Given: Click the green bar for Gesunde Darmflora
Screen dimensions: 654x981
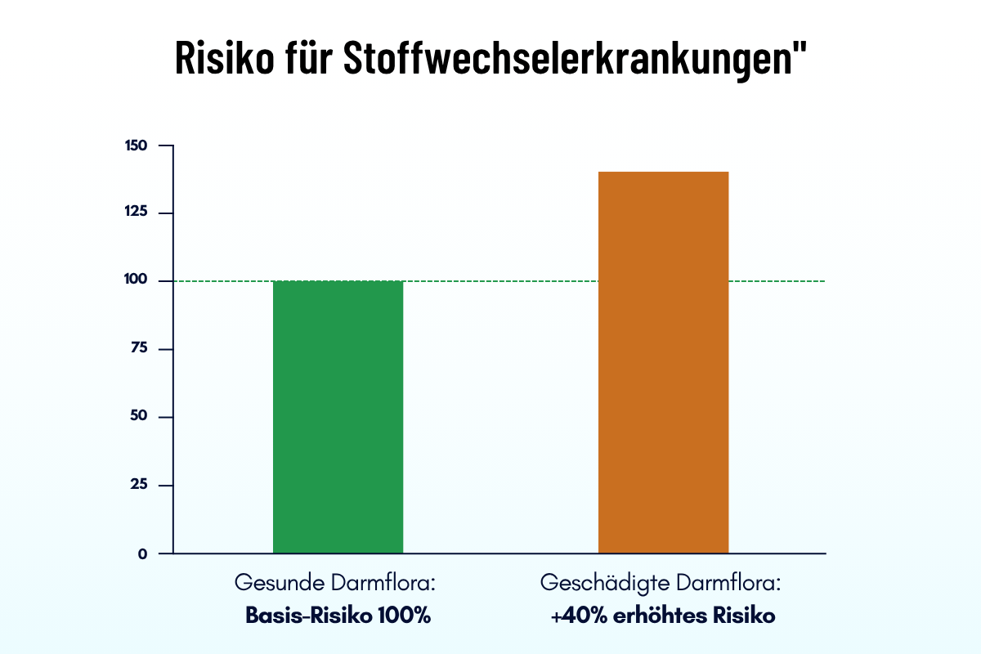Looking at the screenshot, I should click(338, 417).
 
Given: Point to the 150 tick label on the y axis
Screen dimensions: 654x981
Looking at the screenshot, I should click(136, 146).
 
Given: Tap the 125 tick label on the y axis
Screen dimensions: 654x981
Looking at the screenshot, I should click(136, 213).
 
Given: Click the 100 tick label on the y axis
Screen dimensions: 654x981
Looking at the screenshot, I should click(136, 281).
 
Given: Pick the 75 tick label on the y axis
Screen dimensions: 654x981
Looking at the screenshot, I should click(138, 349).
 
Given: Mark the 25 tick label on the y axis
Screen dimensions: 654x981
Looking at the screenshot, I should click(138, 485).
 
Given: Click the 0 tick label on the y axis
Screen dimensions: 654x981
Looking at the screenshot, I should click(142, 553).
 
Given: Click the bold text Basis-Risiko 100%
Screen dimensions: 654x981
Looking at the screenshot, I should click(338, 616).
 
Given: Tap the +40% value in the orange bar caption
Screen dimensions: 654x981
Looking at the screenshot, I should click(578, 616).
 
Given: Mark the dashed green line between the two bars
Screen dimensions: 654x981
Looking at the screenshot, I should click(500, 281).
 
